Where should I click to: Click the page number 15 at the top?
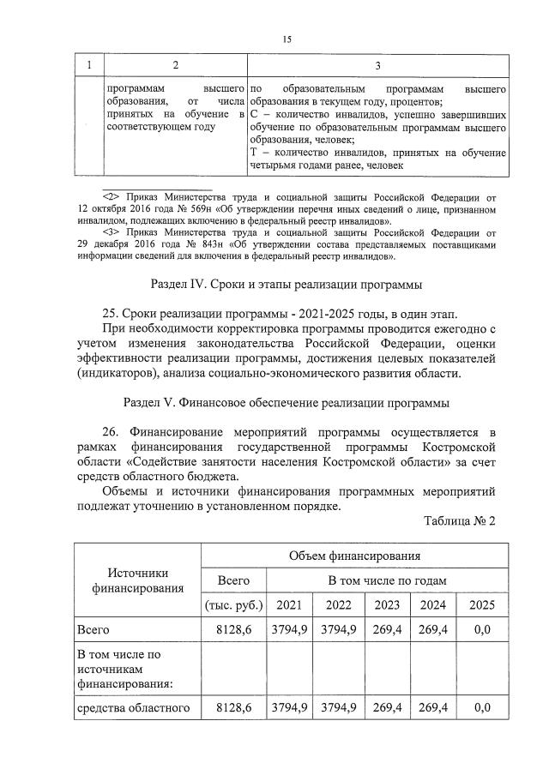pyautogui.click(x=287, y=39)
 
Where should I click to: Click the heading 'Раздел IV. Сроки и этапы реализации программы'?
pyautogui.click(x=287, y=284)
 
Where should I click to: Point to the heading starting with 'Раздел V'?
pyautogui.click(x=287, y=404)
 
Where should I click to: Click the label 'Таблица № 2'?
pyautogui.click(x=460, y=520)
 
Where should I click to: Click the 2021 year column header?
pyautogui.click(x=290, y=604)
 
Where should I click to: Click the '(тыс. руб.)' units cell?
pyautogui.click(x=234, y=604)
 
